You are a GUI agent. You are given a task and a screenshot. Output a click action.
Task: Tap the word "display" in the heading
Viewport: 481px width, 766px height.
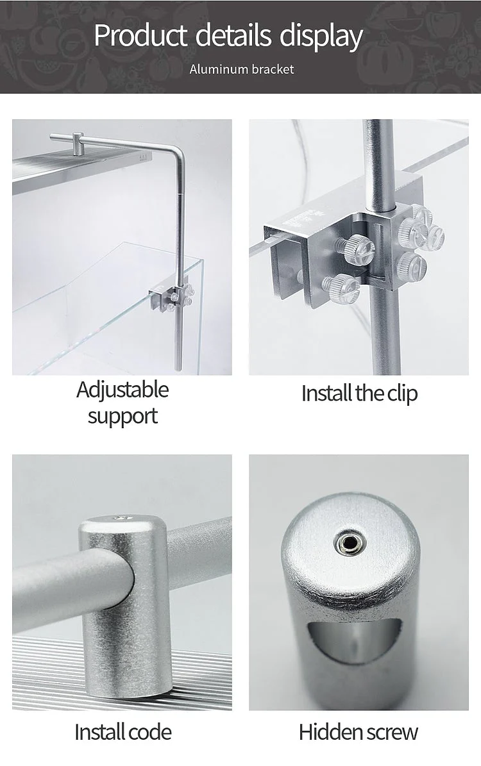(x=321, y=36)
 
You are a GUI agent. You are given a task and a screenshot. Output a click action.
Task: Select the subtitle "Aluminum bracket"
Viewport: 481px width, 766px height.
(x=242, y=69)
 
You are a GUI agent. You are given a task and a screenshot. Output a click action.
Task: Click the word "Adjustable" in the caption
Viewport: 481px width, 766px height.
(x=122, y=390)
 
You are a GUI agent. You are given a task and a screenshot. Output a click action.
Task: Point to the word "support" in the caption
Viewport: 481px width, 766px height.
(x=122, y=417)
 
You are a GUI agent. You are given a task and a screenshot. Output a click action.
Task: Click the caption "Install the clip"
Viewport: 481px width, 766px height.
(x=359, y=394)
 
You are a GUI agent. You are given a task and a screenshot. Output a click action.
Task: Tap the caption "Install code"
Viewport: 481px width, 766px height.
(x=123, y=732)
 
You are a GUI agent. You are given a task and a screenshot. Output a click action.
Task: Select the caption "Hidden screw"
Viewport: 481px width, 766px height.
(x=359, y=732)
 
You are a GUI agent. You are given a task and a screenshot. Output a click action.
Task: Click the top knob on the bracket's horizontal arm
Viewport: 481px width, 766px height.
(x=78, y=141)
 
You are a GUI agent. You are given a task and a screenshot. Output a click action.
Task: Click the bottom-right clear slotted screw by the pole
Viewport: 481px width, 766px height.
(x=412, y=266)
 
